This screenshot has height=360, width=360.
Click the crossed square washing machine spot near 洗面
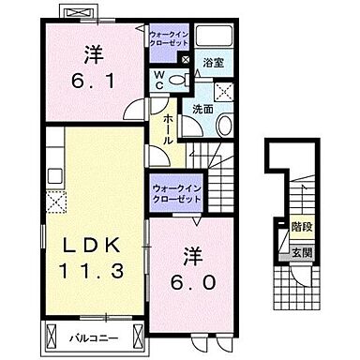226,91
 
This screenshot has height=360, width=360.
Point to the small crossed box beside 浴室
185,62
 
